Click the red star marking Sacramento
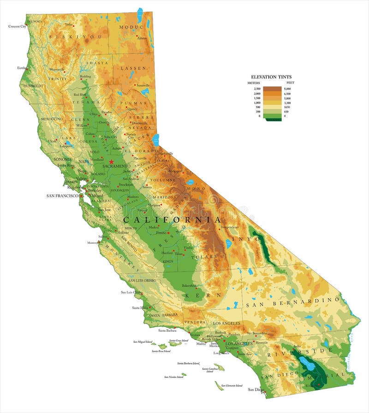click(x=111, y=162)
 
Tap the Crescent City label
click(x=18, y=26)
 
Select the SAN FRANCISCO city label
click(x=62, y=196)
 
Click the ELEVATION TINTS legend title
click(x=271, y=77)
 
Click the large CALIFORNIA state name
click(x=172, y=220)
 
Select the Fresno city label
click(x=161, y=233)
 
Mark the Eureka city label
click(x=22, y=68)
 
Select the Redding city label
click(x=85, y=77)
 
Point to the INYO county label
click(x=243, y=239)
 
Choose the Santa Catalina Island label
click(x=209, y=370)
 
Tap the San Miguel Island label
click(x=142, y=342)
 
